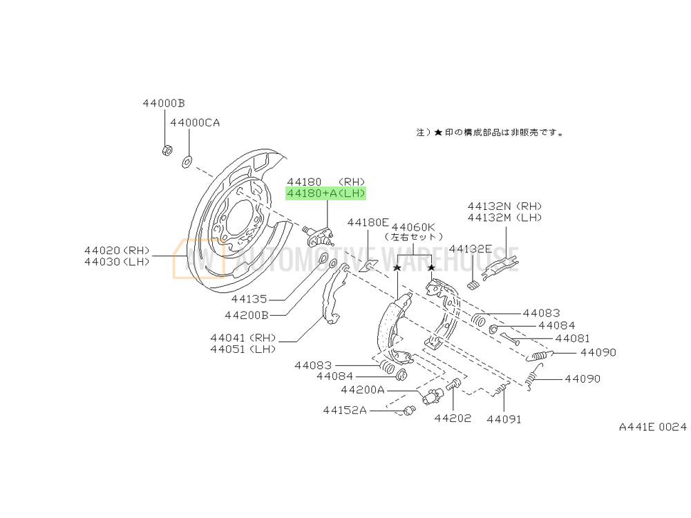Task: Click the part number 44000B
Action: click(x=164, y=103)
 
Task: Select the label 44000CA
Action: click(x=195, y=122)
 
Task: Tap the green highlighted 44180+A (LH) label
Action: click(x=326, y=194)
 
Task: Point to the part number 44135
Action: click(x=249, y=300)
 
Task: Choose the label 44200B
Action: click(x=246, y=315)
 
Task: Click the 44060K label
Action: click(x=413, y=226)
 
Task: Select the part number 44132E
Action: click(x=471, y=248)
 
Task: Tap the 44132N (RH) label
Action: click(x=504, y=206)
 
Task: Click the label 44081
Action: click(x=572, y=338)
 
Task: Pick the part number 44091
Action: click(x=504, y=419)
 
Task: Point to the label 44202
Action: click(x=453, y=418)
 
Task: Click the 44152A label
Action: click(x=344, y=410)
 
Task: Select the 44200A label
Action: click(x=362, y=390)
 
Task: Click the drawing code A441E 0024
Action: click(x=652, y=428)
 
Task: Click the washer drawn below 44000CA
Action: click(x=186, y=162)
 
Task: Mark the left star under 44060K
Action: click(x=397, y=267)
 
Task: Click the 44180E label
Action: click(x=368, y=222)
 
